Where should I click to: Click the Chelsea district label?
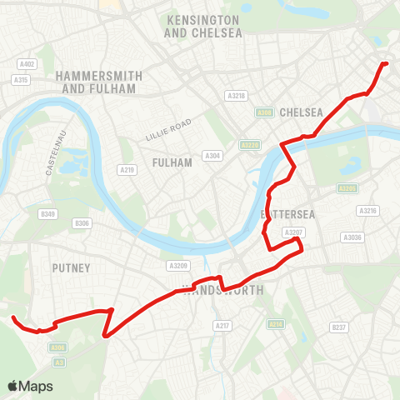pos(302,112)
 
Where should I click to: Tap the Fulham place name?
pos(172,162)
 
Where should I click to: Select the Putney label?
pos(71,267)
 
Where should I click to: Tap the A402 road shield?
pos(27,64)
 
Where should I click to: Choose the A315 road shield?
pos(22,79)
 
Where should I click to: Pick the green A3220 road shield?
pos(250,145)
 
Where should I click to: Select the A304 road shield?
pos(212,155)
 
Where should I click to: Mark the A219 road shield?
pos(127,170)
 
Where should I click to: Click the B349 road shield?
pos(47,214)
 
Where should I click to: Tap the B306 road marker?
pos(82,223)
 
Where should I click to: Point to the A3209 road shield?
pos(177,266)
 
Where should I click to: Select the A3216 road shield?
pos(368,211)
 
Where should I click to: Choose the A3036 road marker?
pos(352,237)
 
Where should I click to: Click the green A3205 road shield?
pos(347,189)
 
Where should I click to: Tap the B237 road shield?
pos(337,327)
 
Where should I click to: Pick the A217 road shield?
pos(222,325)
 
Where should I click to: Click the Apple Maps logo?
pos(30,386)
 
